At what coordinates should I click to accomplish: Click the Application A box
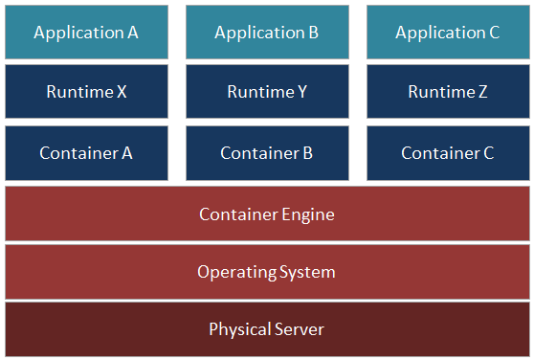click(x=86, y=32)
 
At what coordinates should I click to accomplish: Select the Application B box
click(x=267, y=32)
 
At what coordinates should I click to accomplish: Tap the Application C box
click(x=447, y=32)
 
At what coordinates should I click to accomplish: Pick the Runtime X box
click(x=86, y=92)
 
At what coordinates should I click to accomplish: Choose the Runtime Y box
click(x=267, y=92)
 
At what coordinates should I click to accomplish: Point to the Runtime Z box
click(x=447, y=92)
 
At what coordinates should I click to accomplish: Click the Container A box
click(x=86, y=152)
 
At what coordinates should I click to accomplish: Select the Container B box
click(x=267, y=152)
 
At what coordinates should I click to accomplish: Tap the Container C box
click(x=447, y=152)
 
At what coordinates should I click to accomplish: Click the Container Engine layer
click(x=267, y=214)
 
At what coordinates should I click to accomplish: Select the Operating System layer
click(x=267, y=272)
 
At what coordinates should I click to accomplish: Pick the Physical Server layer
click(x=267, y=329)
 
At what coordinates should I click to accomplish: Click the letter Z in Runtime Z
click(x=482, y=93)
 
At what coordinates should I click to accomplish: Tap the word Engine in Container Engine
click(x=307, y=214)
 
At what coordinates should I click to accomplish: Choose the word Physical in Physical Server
click(x=239, y=330)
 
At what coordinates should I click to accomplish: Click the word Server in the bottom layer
click(x=299, y=330)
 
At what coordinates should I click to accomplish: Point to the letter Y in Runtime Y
click(x=301, y=93)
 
